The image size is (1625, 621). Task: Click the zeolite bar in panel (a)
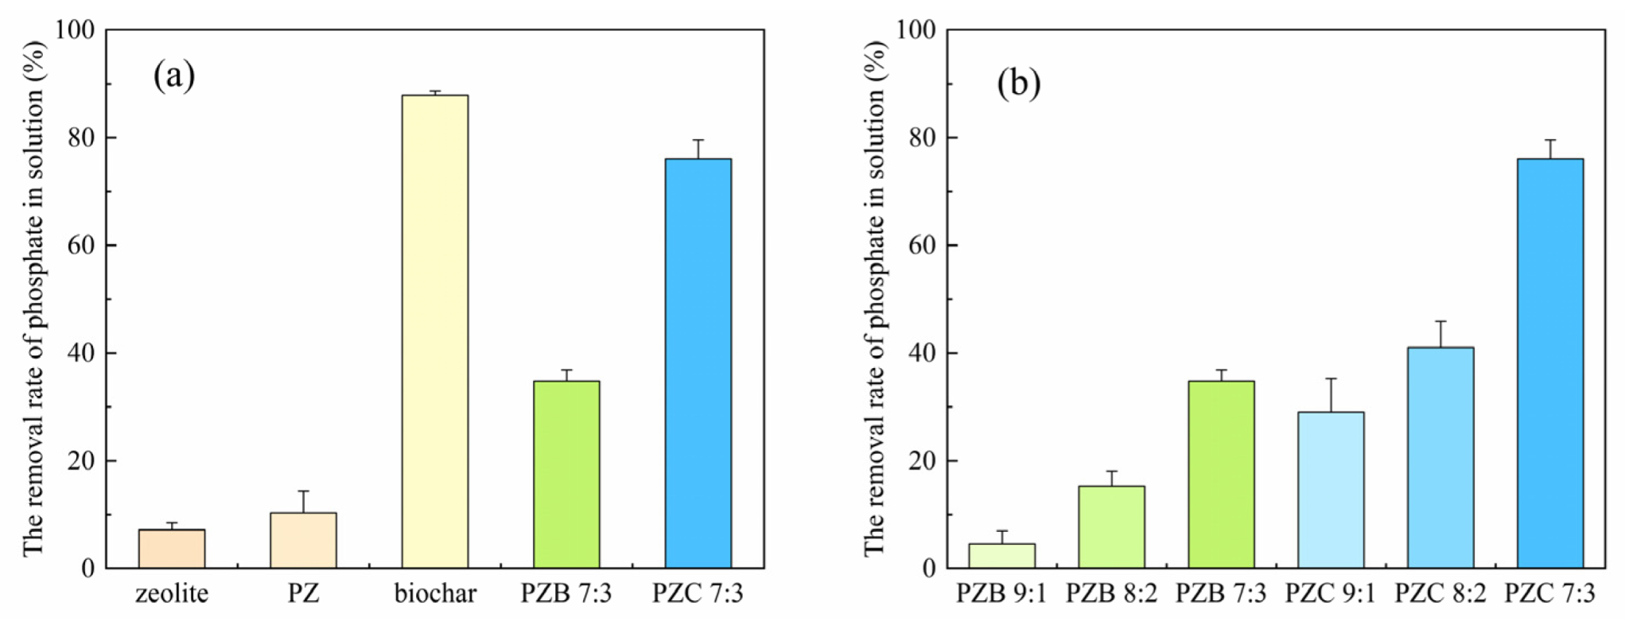[172, 549]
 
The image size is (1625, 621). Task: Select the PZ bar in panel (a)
[303, 541]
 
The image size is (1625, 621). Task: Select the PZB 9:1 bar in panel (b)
[1001, 556]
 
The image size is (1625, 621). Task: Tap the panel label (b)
[1018, 83]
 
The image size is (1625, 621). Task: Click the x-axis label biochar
[435, 593]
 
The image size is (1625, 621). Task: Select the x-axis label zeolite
[172, 593]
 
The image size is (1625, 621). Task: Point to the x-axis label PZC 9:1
[1331, 593]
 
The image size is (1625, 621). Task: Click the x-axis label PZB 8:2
[1111, 593]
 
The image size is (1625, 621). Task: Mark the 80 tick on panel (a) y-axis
[81, 138]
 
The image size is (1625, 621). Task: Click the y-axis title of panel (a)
[33, 298]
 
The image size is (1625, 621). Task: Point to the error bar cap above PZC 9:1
[1331, 378]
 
